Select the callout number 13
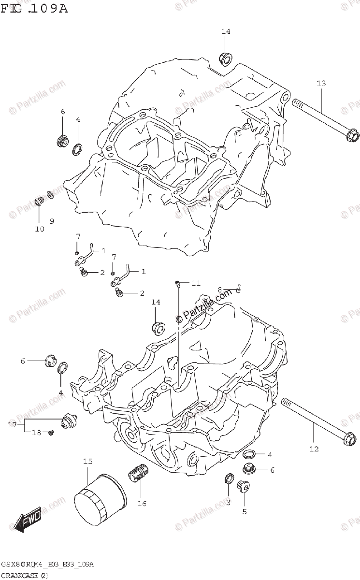321,84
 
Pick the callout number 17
13,425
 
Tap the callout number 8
220,289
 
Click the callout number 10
40,229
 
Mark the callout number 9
52,221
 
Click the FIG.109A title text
34,9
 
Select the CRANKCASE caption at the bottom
24,575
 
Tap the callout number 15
87,462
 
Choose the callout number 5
244,511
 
